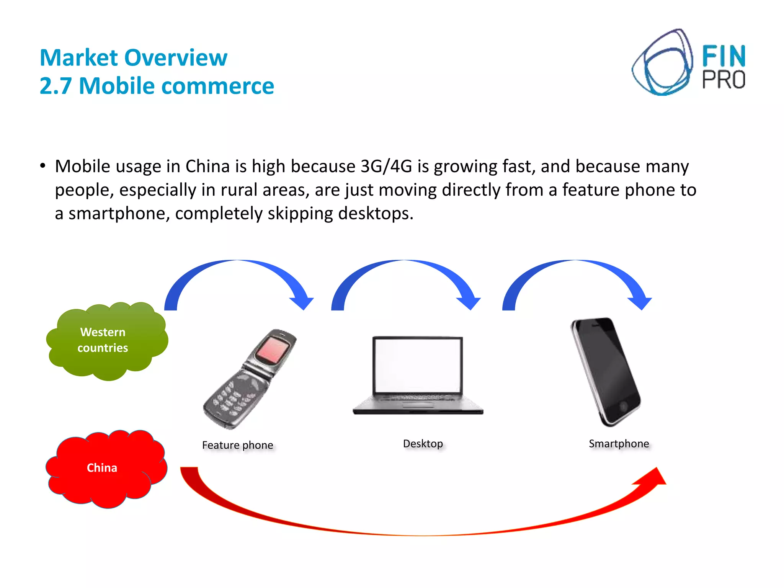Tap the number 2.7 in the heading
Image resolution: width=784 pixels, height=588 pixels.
[56, 86]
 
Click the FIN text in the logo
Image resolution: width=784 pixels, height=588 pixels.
[724, 57]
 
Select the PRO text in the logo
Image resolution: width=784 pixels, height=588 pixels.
[724, 80]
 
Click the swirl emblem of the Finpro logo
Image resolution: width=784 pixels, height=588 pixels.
[662, 63]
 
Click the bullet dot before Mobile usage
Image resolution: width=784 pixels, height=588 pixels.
[43, 166]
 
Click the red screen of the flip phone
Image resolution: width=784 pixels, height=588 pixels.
[272, 350]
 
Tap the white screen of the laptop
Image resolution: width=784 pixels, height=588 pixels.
[417, 366]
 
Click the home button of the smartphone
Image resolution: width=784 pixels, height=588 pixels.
[623, 406]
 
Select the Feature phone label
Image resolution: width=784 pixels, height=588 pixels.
[237, 445]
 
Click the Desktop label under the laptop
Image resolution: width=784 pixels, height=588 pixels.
[423, 444]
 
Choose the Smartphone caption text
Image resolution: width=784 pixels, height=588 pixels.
[619, 444]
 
